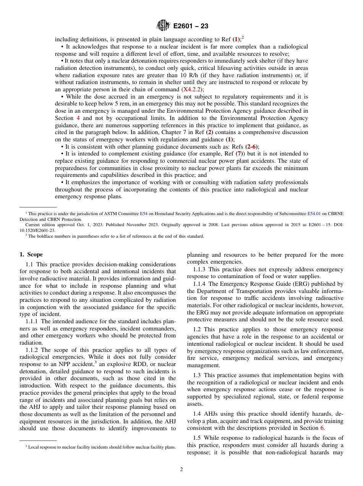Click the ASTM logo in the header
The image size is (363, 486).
[x=163, y=26]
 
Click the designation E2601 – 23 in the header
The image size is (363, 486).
[x=191, y=26]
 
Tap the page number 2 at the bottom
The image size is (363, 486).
[x=181, y=470]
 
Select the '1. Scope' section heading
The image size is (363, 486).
[x=31, y=254]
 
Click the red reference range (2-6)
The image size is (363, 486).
[x=251, y=147]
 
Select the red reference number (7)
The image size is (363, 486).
[x=238, y=154]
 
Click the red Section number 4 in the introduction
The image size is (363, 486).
[x=78, y=118]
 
